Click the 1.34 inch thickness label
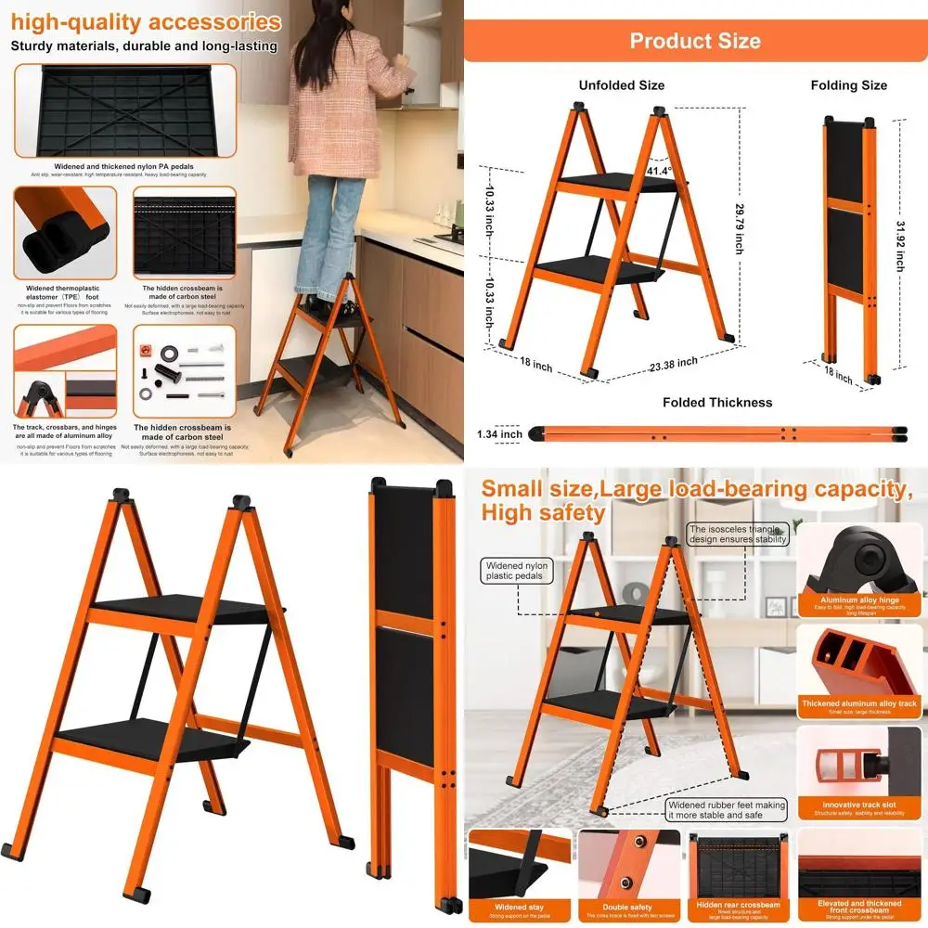pos(499,433)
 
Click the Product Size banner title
pos(695,41)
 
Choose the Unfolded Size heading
pos(622,85)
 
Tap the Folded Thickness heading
pos(717,402)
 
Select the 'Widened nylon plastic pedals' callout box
pos(517,571)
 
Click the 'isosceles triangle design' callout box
pos(738,534)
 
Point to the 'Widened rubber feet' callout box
pos(727,809)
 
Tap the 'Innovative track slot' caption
pos(857,805)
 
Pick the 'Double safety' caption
pos(628,907)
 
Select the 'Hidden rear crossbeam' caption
pos(738,905)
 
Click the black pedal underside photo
pos(124,111)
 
